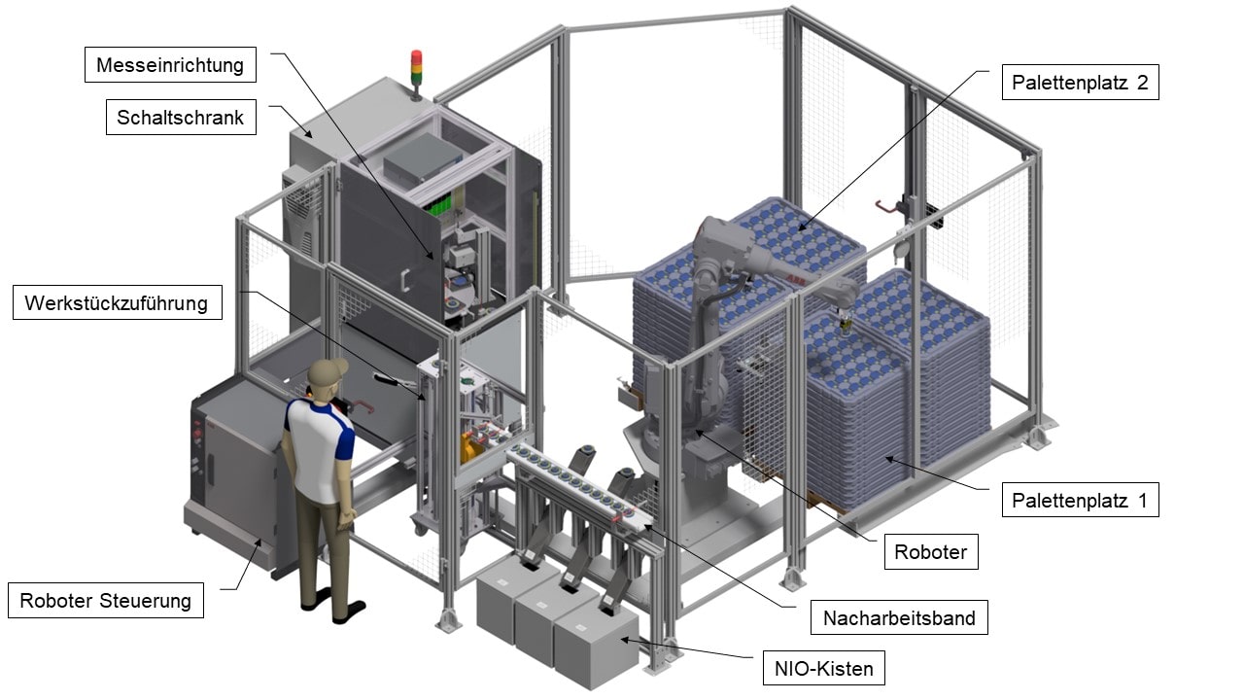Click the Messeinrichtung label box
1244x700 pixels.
click(x=170, y=65)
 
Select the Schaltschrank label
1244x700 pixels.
click(x=181, y=118)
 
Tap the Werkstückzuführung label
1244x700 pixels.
click(x=118, y=302)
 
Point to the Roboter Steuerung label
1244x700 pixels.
click(x=106, y=600)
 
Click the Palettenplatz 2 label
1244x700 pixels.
click(x=1080, y=83)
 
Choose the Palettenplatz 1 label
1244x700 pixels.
click(x=1080, y=500)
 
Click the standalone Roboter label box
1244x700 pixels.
click(x=931, y=551)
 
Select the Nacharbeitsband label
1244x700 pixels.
click(x=899, y=617)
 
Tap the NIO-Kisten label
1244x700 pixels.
click(x=823, y=668)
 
